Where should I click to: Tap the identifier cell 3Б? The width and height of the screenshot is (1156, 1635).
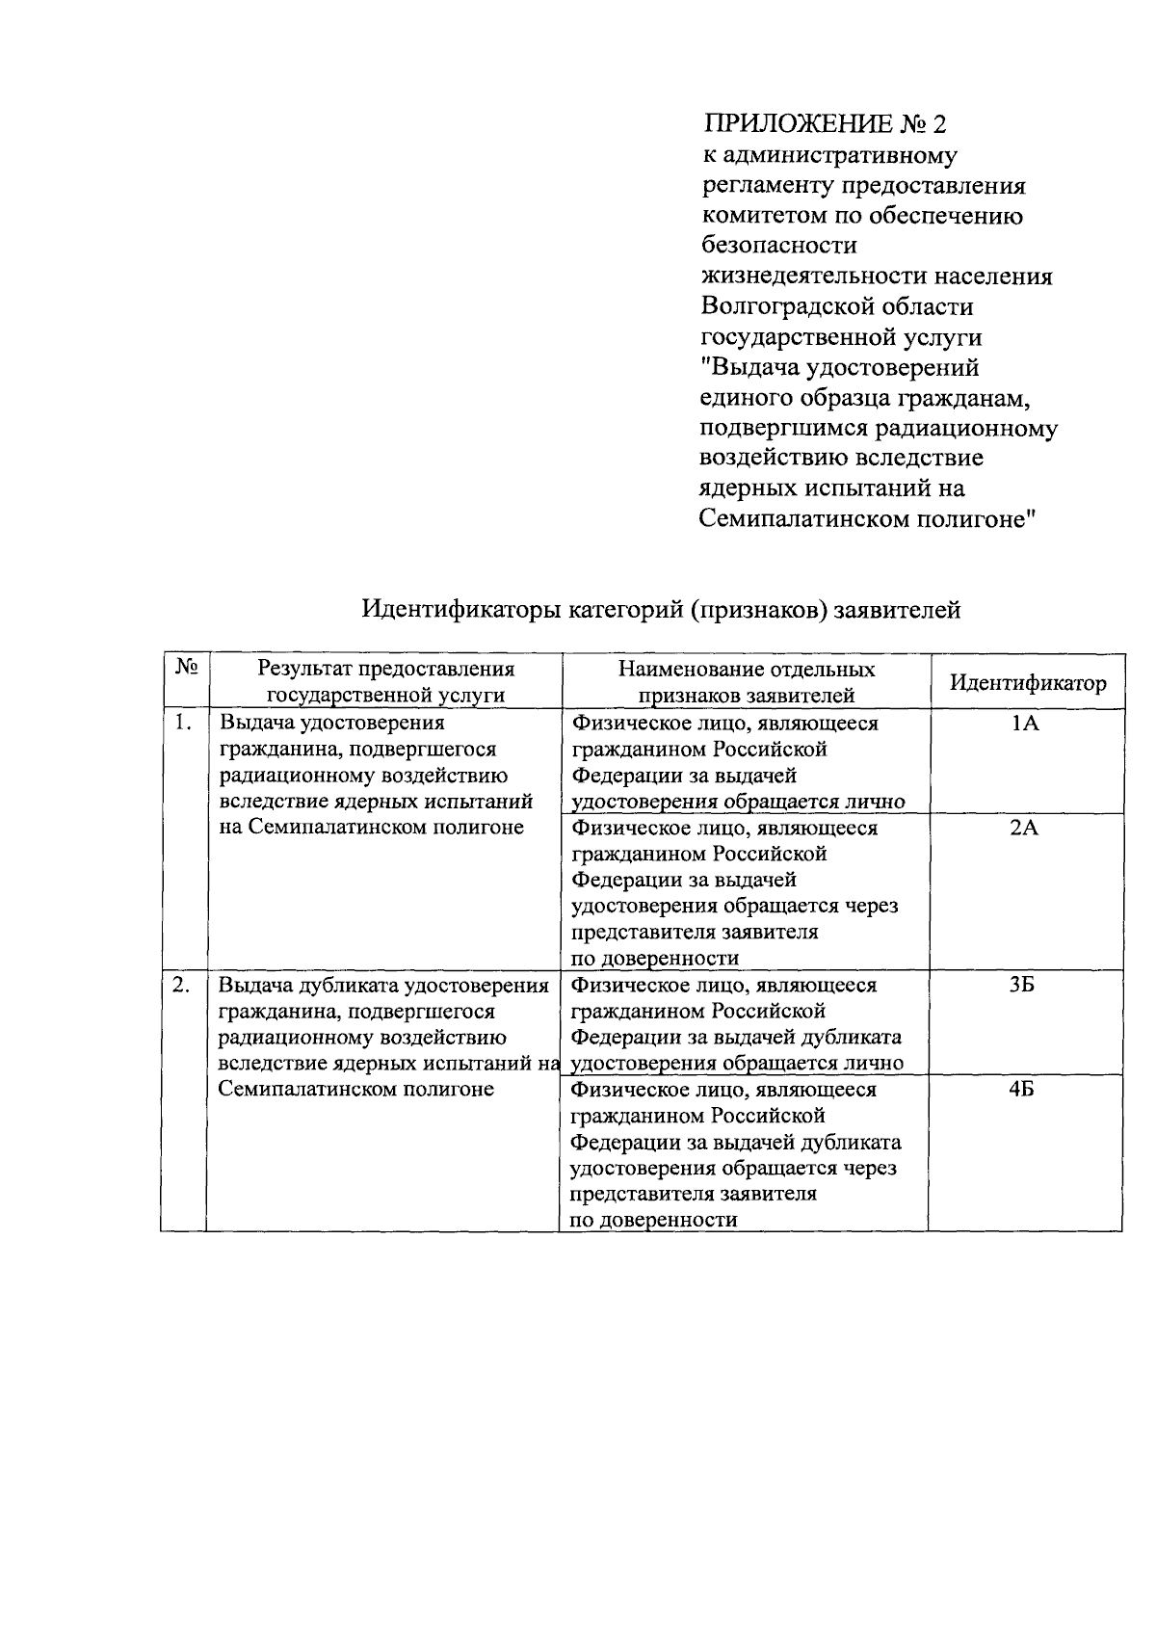coord(1023,986)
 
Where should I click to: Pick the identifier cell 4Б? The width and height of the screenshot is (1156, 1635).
coord(1023,1090)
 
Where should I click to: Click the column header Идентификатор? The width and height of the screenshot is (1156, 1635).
coord(1028,683)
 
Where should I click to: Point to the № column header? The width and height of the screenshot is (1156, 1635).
coord(187,667)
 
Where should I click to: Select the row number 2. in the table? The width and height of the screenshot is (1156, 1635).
coord(180,985)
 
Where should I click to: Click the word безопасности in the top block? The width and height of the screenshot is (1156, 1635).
coord(778,246)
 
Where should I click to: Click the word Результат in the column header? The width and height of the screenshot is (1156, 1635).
coord(303,669)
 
